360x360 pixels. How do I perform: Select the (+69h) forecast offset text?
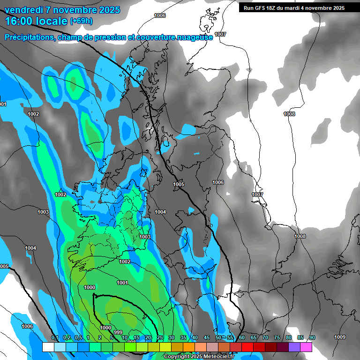(x=81, y=21)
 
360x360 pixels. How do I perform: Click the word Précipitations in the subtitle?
(x=29, y=37)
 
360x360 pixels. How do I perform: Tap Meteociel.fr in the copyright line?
(x=214, y=357)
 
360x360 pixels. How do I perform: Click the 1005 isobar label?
(x=179, y=185)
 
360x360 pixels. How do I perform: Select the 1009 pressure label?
(x=340, y=337)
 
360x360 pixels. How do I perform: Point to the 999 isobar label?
(x=118, y=333)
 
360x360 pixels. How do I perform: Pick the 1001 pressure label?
(x=122, y=283)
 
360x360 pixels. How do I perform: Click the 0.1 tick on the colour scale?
(x=54, y=338)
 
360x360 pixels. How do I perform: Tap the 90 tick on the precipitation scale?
(x=312, y=338)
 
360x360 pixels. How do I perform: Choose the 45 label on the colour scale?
(x=207, y=338)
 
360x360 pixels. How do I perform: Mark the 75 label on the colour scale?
(x=277, y=338)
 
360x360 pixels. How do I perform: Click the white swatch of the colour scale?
(x=48, y=347)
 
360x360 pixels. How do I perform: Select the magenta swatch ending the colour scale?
(x=306, y=347)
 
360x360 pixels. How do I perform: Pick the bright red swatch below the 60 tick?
(x=247, y=347)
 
